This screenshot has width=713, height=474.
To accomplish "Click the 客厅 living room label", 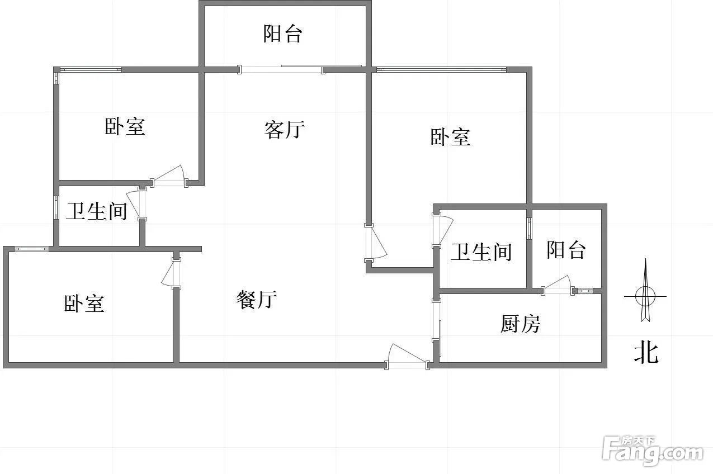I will (284, 130).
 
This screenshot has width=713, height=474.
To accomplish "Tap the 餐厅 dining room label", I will (256, 300).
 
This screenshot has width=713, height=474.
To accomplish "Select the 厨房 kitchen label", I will (520, 324).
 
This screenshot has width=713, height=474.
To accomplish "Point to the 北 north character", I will (645, 353).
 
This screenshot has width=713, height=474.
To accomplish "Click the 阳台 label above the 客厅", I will (282, 34).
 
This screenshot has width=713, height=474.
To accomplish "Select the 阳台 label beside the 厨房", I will (566, 249).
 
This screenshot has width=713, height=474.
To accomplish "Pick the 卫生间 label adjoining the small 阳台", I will (481, 252).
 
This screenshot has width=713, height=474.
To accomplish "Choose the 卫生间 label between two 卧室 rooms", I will (96, 211).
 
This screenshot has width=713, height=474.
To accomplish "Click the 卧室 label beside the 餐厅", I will (84, 304).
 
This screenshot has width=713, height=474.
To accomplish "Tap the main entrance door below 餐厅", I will (407, 359).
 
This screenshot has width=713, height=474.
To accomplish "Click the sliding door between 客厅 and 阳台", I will (281, 69).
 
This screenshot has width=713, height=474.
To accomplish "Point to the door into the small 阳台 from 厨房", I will (558, 287).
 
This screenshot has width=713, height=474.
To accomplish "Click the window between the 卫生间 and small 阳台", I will (529, 228).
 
